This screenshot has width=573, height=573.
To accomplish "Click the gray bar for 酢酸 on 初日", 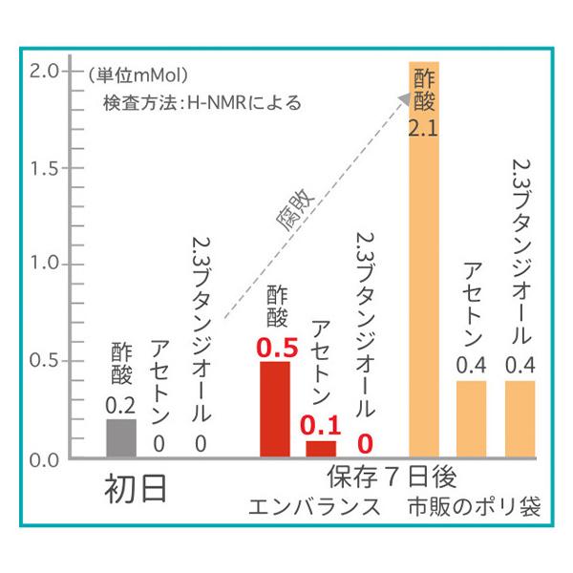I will (121, 437).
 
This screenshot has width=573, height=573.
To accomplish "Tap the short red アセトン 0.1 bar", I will (321, 448).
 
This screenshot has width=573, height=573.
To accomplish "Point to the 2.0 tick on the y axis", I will (44, 71).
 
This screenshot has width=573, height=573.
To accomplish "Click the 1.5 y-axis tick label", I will (44, 168).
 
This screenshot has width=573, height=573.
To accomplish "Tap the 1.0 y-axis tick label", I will (44, 264).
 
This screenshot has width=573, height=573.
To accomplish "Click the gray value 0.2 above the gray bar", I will (121, 405).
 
